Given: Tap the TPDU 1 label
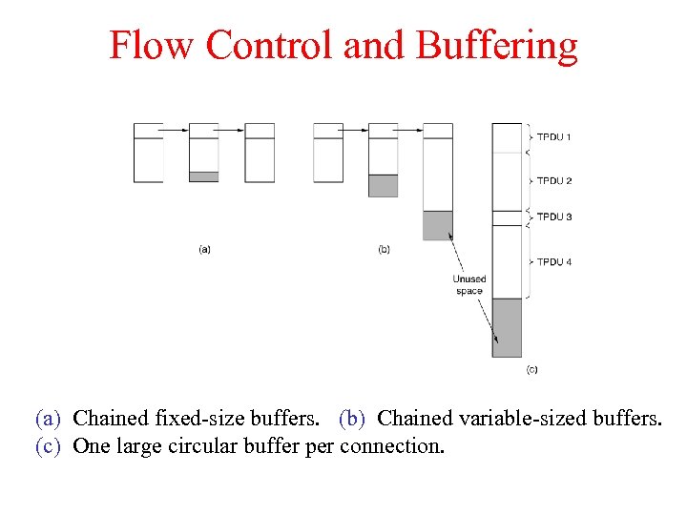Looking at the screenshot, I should pyautogui.click(x=553, y=137).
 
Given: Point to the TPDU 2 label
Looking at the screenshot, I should pyautogui.click(x=553, y=181).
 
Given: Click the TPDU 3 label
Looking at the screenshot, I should pyautogui.click(x=553, y=217).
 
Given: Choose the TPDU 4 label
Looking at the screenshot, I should pyautogui.click(x=553, y=262).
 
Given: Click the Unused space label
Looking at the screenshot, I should pyautogui.click(x=469, y=285).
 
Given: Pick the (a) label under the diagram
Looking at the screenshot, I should pyautogui.click(x=204, y=250).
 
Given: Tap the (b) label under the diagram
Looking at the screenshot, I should pyautogui.click(x=384, y=250).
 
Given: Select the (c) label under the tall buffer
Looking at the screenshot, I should pyautogui.click(x=531, y=369).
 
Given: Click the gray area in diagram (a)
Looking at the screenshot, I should pyautogui.click(x=204, y=176).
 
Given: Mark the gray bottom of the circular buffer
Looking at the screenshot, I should pyautogui.click(x=507, y=327).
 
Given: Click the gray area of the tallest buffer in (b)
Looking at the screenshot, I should pyautogui.click(x=438, y=225).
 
